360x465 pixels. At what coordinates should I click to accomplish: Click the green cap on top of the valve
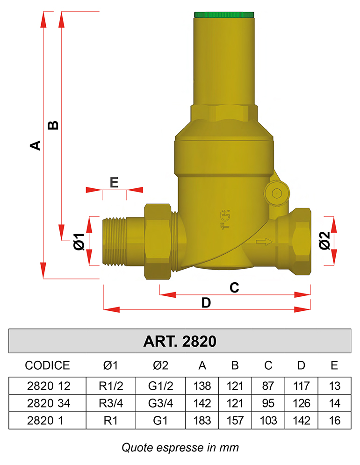tap(224, 15)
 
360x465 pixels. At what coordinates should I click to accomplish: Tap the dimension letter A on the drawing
tap(36, 145)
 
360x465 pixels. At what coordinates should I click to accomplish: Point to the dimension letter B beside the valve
tap(53, 125)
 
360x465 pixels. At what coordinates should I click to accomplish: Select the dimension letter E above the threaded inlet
tap(114, 182)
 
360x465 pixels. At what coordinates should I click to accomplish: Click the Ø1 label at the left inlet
tap(79, 242)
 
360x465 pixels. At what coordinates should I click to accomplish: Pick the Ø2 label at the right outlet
tap(324, 241)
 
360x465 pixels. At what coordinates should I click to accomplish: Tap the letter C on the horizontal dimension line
tap(234, 287)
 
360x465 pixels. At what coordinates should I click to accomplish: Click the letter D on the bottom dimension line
tap(206, 303)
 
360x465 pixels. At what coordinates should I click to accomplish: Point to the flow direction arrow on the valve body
tap(264, 242)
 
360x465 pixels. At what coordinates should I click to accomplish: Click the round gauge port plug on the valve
tap(277, 193)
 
